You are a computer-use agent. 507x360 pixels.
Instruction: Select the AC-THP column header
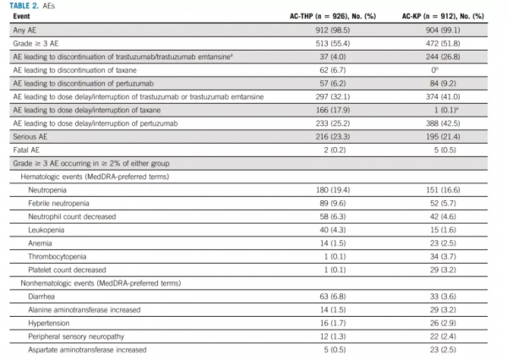point(316,17)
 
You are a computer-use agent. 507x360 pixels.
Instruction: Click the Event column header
point(21,17)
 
